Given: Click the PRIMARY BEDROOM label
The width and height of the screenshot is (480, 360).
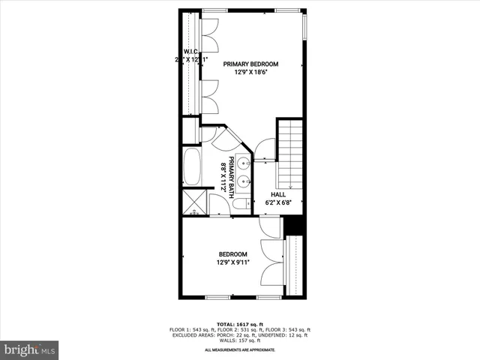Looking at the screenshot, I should [250, 64].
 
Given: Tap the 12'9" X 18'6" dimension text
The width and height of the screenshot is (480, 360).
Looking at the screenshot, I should [250, 73].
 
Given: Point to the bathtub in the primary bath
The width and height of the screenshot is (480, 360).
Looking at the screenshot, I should [191, 167].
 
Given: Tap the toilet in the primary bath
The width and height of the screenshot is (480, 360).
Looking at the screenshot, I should [239, 203].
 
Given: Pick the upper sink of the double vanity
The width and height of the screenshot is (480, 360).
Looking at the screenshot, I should [244, 161].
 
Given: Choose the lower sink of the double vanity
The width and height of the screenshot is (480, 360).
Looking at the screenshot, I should [244, 179].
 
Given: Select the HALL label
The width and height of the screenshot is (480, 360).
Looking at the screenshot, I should [278, 194].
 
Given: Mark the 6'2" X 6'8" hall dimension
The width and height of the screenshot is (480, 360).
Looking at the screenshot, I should [278, 202].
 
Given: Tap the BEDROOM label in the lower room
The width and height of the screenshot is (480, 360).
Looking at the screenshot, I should [232, 254].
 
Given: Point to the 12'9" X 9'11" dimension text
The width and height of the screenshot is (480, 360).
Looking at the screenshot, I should [232, 262].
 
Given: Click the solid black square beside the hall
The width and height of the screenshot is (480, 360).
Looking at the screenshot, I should [294, 224].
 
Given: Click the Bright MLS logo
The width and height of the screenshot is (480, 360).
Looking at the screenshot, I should [29, 349].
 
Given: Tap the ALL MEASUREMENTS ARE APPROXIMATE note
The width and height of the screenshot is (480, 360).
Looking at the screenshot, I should [240, 350].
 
